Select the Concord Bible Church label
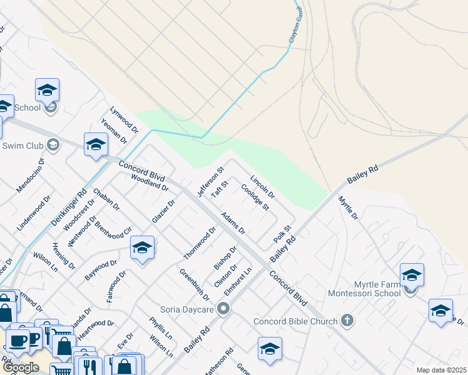point(295,322)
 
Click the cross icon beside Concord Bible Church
point(347,321)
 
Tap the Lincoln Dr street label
point(263,186)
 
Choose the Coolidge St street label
point(255,197)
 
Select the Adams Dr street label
point(233,222)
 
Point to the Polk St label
point(283,235)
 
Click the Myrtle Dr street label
point(348,208)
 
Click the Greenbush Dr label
point(194,284)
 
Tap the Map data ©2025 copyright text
point(440,370)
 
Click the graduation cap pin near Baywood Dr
point(143,249)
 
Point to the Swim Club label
point(21,146)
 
